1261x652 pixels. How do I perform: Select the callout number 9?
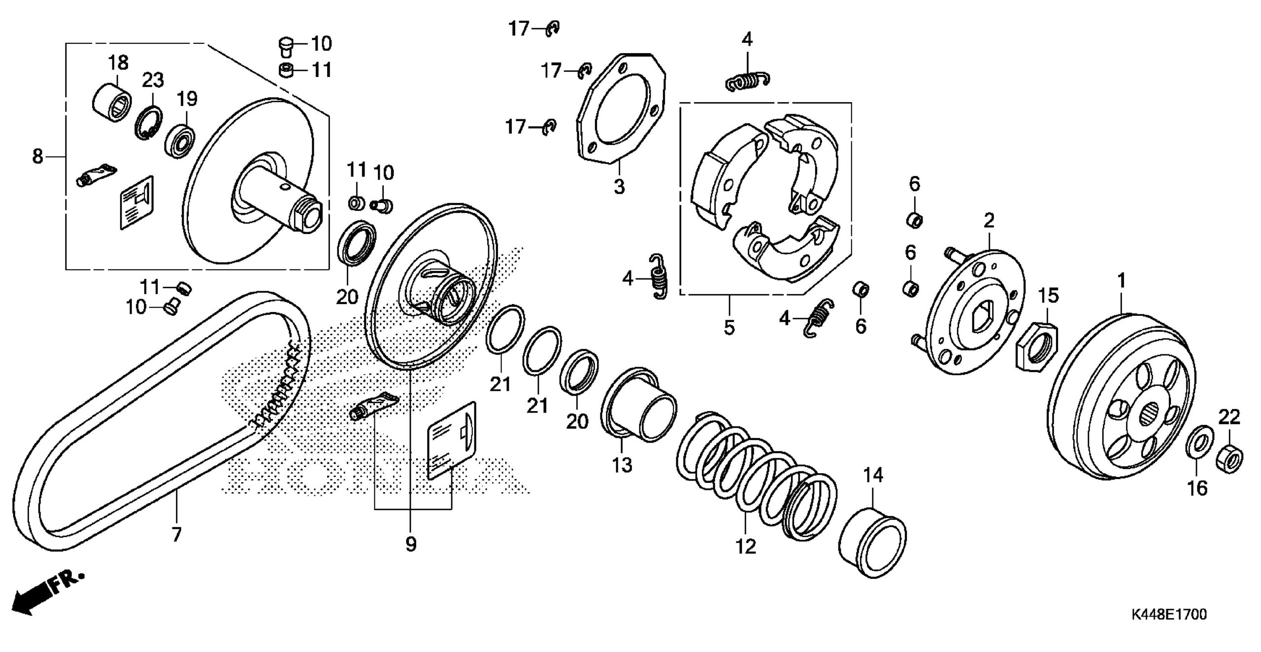(x=411, y=544)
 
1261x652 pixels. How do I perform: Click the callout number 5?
(x=730, y=327)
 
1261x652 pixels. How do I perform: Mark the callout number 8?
(x=38, y=157)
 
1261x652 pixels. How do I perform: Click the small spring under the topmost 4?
(x=748, y=82)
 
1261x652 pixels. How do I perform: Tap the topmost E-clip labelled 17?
(x=553, y=30)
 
